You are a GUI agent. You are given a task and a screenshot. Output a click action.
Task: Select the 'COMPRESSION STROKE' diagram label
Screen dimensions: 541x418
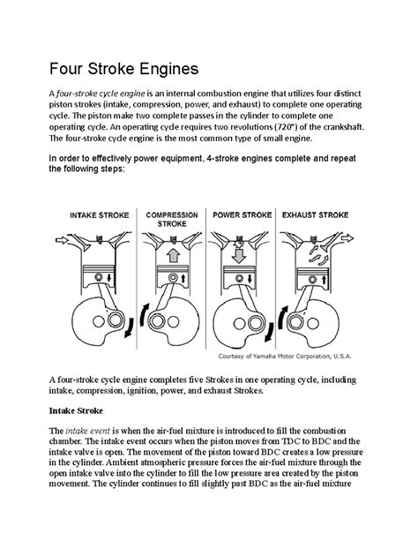point(171,219)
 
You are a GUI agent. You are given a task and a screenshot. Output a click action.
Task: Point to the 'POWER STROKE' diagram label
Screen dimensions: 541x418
point(241,214)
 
